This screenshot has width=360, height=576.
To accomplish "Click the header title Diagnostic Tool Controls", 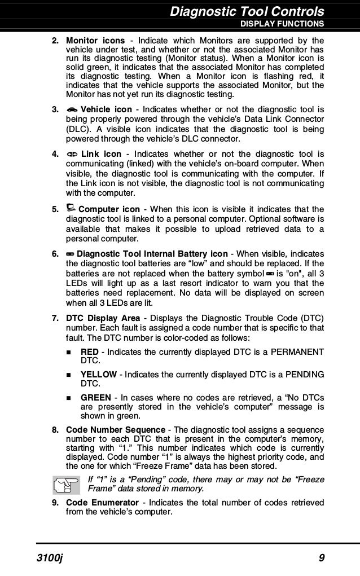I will pos(247,11).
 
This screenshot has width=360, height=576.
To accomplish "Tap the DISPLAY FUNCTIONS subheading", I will pos(282,24).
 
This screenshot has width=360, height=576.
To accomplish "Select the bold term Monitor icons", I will pos(95,41).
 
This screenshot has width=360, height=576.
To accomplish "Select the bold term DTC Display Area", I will pos(103,319).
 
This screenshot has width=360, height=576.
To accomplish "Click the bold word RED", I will pos(90,352).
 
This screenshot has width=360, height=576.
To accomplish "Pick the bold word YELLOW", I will pos(99,375).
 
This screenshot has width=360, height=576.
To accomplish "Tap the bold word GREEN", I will pos(95,397).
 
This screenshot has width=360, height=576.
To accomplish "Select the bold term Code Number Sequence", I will pos(116,430).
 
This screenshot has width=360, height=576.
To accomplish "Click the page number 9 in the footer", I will pos(321,559).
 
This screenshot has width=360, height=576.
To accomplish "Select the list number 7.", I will pos(55,319).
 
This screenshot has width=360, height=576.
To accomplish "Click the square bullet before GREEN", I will pos(71,398).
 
